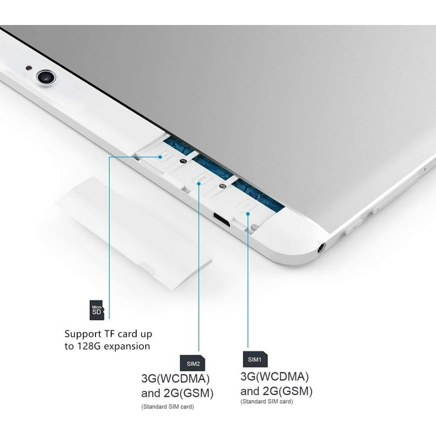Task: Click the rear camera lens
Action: (46, 77)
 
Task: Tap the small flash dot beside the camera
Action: (28, 68)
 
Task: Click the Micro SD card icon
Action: (97, 310)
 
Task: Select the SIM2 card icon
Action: (192, 363)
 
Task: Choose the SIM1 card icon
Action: (255, 359)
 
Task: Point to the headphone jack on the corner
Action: (321, 248)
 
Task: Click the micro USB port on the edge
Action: (221, 219)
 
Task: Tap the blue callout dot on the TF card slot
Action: (160, 157)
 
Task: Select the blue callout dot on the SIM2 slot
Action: (199, 183)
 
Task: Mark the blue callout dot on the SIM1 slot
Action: (248, 213)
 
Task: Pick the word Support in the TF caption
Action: (83, 334)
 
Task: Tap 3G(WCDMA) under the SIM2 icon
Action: (175, 379)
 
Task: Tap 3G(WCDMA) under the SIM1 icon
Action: (274, 377)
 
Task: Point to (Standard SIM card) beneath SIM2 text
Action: (167, 406)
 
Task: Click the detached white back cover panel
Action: (133, 233)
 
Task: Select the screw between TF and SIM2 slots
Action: (183, 161)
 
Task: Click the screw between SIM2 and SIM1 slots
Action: (221, 186)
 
